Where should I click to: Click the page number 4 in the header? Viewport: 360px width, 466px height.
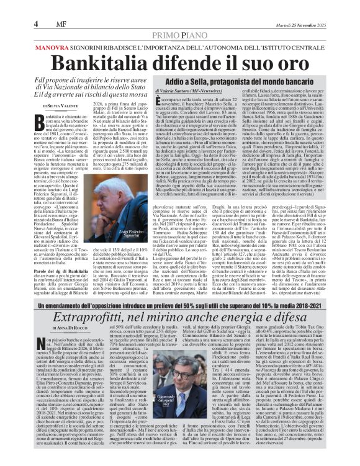[x=37, y=24]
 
